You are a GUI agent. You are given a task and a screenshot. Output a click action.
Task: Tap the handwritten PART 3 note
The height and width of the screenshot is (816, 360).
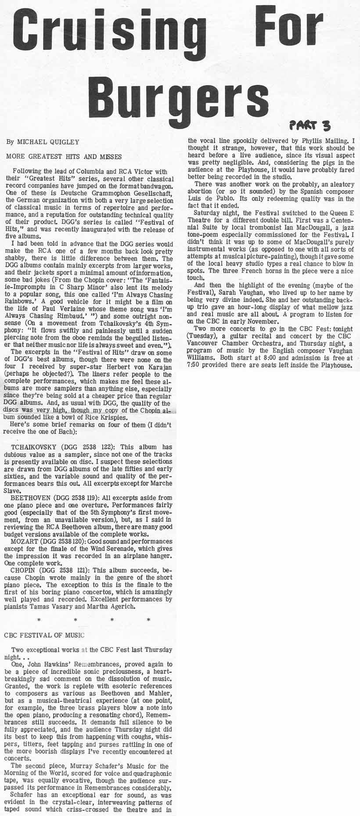(309, 126)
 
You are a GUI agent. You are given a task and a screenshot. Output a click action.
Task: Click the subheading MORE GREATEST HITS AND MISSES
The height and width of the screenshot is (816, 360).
(64, 156)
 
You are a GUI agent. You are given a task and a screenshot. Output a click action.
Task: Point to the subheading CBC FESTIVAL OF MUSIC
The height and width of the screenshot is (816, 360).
(44, 635)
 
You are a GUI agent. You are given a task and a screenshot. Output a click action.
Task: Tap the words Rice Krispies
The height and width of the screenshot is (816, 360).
(105, 417)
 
